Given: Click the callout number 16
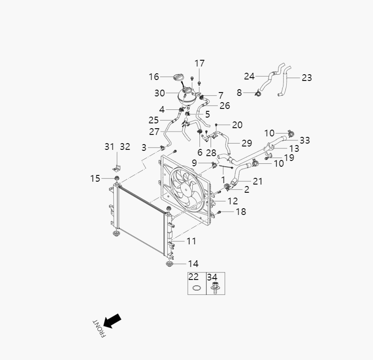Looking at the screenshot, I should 154,77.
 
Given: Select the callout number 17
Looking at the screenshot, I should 200,63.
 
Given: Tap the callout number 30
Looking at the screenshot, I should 160,93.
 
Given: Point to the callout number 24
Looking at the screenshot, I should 249,76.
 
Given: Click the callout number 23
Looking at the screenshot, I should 307,78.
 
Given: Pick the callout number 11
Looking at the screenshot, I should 191,240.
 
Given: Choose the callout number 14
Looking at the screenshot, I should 193,264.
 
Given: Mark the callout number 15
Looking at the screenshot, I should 95,178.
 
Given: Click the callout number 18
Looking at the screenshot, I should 240,212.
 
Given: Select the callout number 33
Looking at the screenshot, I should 305,140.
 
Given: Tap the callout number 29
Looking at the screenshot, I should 247,143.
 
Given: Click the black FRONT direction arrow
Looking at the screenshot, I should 112,320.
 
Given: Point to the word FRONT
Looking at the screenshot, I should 99,328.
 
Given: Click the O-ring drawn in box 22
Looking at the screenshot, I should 195,288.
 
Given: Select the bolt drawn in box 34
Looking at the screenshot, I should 214,288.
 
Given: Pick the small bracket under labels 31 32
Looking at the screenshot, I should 117,167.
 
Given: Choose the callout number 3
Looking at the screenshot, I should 144,147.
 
